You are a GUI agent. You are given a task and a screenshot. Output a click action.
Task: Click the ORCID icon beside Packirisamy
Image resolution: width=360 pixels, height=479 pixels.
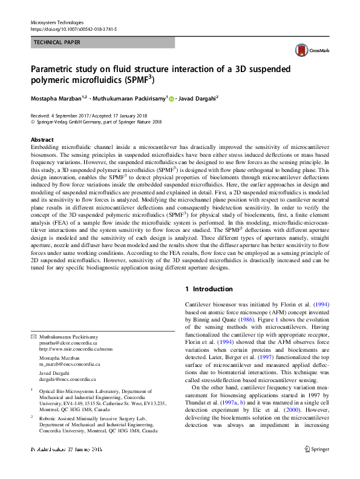point(172,98)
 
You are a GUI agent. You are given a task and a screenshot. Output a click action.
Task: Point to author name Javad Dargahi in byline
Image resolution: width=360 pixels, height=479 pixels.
point(198,97)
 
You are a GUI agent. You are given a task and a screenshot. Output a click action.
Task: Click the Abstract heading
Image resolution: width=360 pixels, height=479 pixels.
point(42,139)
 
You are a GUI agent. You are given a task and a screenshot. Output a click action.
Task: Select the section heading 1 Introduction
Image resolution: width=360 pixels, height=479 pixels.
point(209,289)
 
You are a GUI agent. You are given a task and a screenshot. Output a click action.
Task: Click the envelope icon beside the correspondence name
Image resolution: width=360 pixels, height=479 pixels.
point(33,336)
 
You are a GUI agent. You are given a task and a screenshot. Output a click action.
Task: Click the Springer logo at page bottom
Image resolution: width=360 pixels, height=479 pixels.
point(316,466)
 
